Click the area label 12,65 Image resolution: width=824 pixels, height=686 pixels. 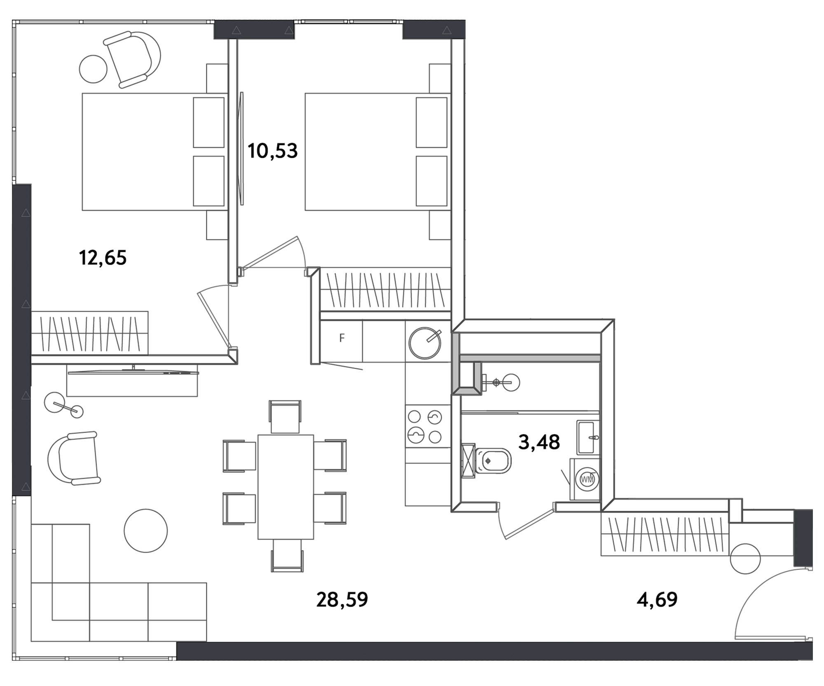click(103, 258)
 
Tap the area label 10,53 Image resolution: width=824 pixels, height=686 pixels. click(272, 151)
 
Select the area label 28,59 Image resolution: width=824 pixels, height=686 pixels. click(342, 599)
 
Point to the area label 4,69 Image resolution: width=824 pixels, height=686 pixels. click(657, 599)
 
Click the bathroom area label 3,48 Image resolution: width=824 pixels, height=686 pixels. click(539, 442)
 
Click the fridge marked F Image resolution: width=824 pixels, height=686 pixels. click(342, 338)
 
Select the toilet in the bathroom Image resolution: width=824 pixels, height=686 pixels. click(492, 460)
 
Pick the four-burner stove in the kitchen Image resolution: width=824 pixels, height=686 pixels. click(425, 427)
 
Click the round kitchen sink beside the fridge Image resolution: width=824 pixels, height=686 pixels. click(425, 343)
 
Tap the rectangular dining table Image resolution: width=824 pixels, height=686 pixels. click(286, 487)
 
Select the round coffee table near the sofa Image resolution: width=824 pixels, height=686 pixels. click(146, 531)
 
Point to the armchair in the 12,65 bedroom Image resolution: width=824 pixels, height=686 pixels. click(132, 59)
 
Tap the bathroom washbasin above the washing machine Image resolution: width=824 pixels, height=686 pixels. click(588, 437)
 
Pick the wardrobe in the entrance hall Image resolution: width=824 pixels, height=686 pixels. click(665, 534)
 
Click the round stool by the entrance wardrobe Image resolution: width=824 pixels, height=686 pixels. click(745, 559)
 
